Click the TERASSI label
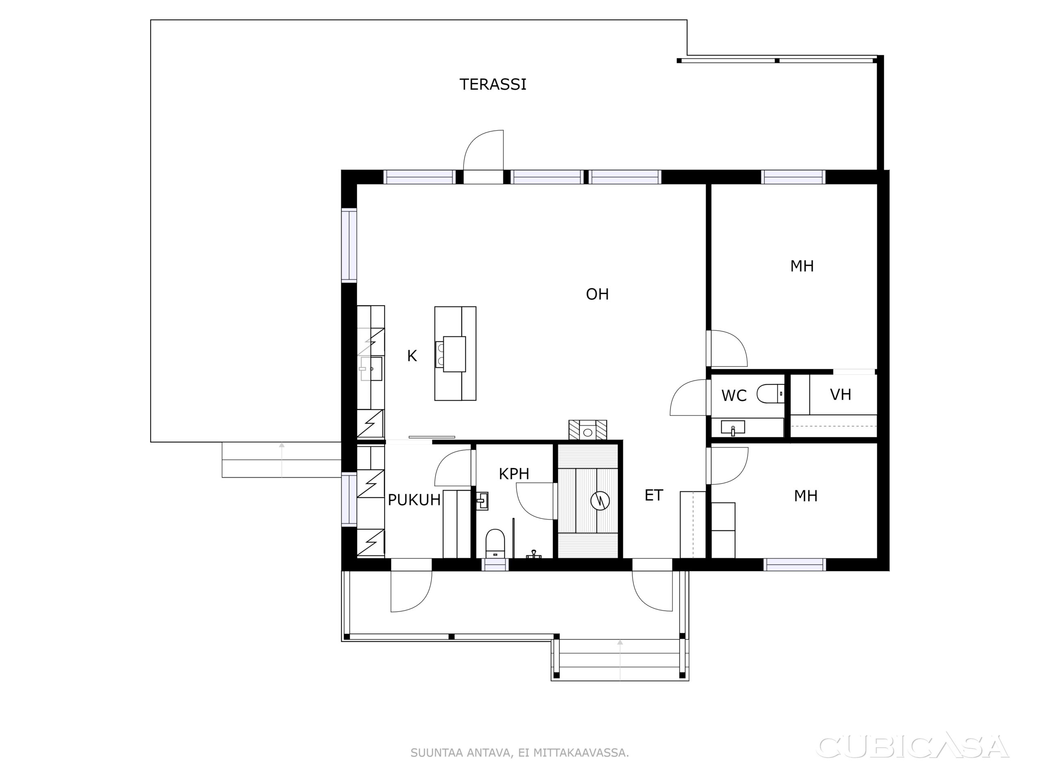click(493, 84)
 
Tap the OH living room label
click(597, 294)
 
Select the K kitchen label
click(412, 356)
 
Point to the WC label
click(734, 396)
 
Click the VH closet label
click(841, 394)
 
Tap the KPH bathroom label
click(514, 474)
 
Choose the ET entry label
click(654, 495)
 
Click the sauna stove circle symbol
click(600, 501)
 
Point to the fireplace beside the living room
click(588, 430)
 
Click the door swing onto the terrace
click(483, 150)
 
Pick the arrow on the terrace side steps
click(282, 460)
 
